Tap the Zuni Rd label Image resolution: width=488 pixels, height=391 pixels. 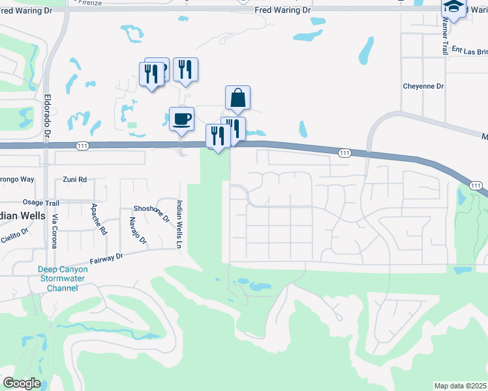(75, 179)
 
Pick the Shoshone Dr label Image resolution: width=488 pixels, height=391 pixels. (151, 209)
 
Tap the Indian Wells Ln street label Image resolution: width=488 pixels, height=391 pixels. (179, 224)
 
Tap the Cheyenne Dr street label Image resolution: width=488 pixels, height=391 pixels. (423, 86)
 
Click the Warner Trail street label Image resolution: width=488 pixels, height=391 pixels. (446, 36)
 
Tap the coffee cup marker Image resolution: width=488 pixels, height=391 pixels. (181, 119)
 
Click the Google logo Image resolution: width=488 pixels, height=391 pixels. (22, 383)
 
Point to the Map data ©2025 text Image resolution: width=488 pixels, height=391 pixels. (461, 386)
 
